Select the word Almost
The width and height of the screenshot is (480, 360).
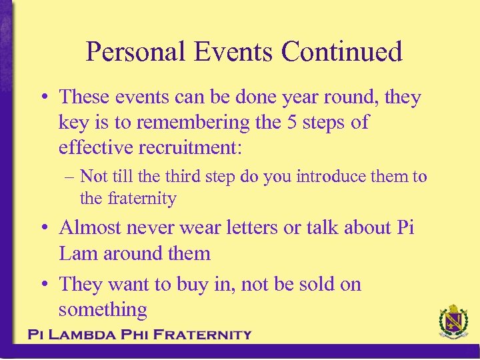tap(90, 227)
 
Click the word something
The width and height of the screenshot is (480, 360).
tap(103, 309)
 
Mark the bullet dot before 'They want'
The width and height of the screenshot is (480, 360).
tap(43, 285)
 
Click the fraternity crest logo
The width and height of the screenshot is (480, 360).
tap(453, 323)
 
